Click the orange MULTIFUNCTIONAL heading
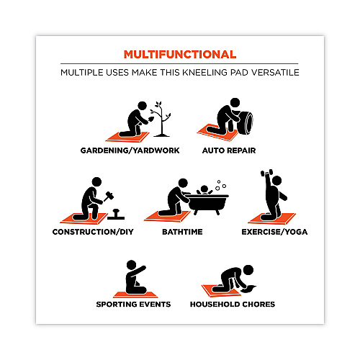pos(180,55)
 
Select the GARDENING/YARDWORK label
pos(130,150)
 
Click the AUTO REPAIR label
pos(229,150)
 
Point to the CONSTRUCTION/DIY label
pos(93,232)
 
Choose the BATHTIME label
pos(182,232)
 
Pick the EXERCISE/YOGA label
pos(274,232)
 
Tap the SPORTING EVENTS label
pos(133,305)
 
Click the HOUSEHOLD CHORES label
pos(233,305)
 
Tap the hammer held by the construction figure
pos(109,196)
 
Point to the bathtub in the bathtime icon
pos(207,204)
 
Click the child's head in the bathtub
pos(204,189)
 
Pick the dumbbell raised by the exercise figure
pos(266,173)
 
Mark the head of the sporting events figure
pos(131,265)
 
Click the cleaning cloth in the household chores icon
pos(248,289)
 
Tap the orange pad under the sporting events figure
pos(135,294)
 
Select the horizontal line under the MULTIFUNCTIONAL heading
pos(179,63)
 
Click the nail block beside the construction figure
pos(116,215)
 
